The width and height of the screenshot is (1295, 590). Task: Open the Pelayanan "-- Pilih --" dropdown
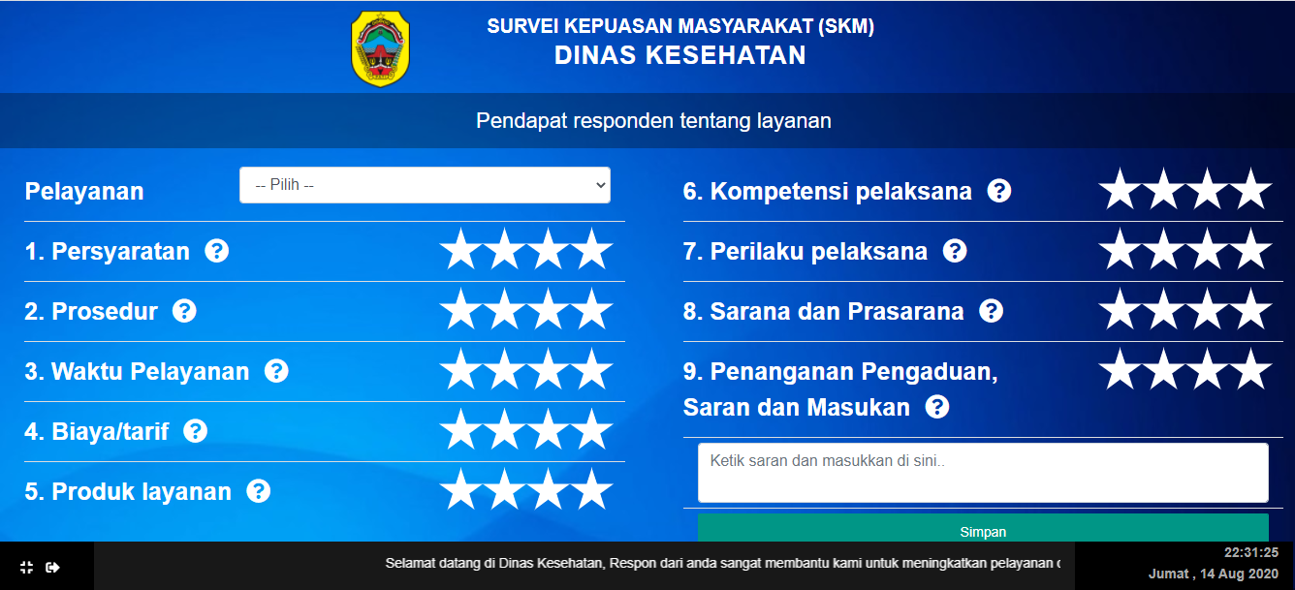[x=425, y=185]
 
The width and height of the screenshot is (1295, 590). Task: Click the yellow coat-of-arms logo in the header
[x=380, y=49]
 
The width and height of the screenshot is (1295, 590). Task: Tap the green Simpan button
[x=983, y=528]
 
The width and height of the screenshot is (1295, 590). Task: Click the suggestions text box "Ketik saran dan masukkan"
[x=983, y=473]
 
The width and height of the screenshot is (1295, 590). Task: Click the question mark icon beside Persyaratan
[x=217, y=251]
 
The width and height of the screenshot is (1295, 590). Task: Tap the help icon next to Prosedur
[x=184, y=311]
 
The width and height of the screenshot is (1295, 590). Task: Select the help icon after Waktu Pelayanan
[x=276, y=371]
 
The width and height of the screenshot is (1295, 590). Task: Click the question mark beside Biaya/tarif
[x=196, y=431]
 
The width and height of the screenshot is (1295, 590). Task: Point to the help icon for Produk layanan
[x=259, y=491]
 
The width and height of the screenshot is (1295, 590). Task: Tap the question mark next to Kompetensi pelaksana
[x=999, y=191]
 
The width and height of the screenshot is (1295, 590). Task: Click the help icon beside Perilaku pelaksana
[x=955, y=251]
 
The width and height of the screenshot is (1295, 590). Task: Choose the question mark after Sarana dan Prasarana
[x=991, y=311]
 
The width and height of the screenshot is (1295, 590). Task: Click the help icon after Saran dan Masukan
[x=937, y=407]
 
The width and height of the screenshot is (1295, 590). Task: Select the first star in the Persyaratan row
[x=460, y=250]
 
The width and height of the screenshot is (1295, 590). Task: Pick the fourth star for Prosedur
[x=592, y=310]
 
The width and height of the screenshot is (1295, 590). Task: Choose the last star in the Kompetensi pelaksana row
[x=1251, y=190]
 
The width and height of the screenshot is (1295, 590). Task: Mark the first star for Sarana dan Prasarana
[x=1120, y=310]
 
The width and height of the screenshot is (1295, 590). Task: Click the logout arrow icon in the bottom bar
[x=52, y=568]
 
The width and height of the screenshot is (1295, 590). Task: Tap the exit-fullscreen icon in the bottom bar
[x=26, y=568]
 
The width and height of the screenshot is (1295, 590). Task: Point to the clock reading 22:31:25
[x=1251, y=552]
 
